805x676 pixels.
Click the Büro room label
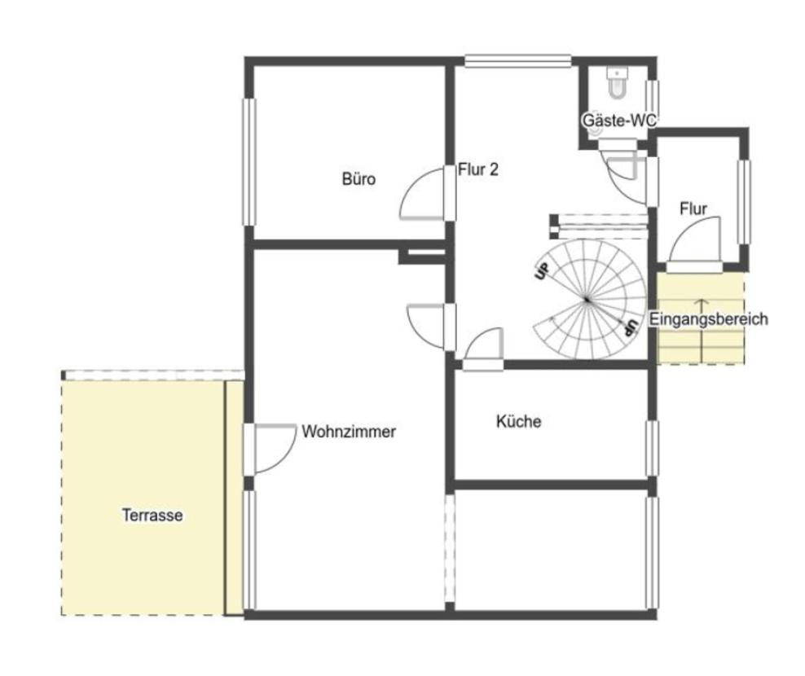(359, 178)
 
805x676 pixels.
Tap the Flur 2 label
(478, 169)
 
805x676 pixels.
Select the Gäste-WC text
(618, 120)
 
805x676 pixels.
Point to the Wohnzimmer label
(349, 431)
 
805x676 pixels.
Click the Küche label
(518, 421)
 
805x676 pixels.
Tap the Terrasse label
(152, 515)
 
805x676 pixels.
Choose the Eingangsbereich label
(709, 318)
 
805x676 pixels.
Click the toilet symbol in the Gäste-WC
(617, 82)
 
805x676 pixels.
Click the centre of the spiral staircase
(587, 300)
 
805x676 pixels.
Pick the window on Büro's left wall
(249, 162)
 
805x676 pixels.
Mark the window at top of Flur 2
(518, 61)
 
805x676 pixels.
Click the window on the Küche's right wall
(652, 448)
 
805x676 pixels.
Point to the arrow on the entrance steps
(702, 328)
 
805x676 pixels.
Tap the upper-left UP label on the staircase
(542, 271)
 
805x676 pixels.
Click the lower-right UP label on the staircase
(630, 327)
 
